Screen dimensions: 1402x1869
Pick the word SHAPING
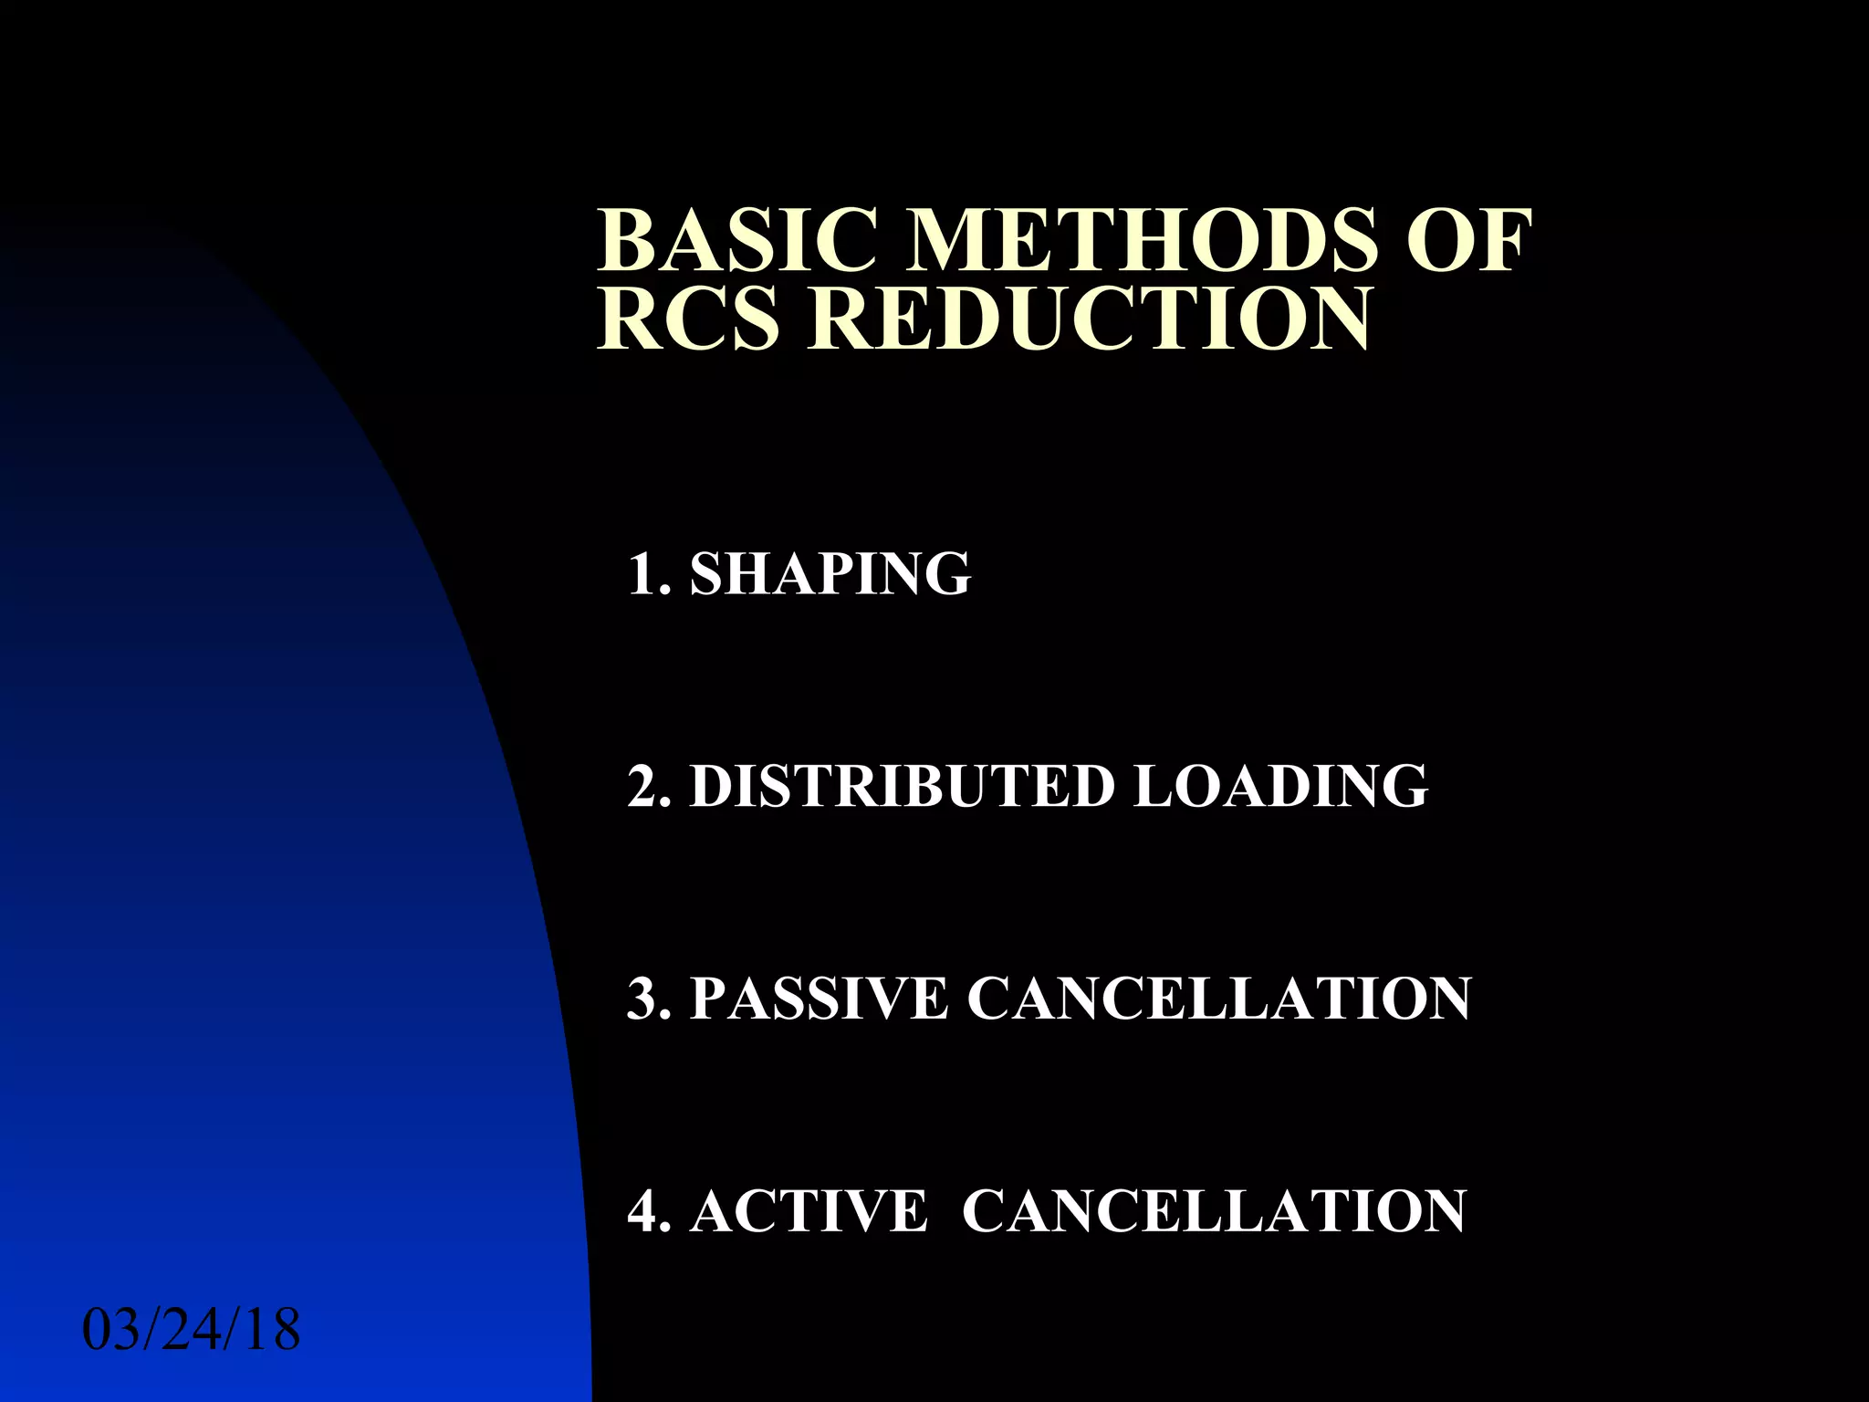click(x=830, y=574)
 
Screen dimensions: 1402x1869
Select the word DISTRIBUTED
click(x=901, y=786)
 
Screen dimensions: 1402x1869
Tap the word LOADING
click(x=1279, y=786)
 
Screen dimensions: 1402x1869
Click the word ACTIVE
click(x=808, y=1211)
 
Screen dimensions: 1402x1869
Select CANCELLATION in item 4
click(x=1214, y=1211)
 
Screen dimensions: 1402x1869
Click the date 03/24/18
click(x=192, y=1330)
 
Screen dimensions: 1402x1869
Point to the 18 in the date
click(x=271, y=1330)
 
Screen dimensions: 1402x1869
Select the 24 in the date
click(x=192, y=1330)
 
